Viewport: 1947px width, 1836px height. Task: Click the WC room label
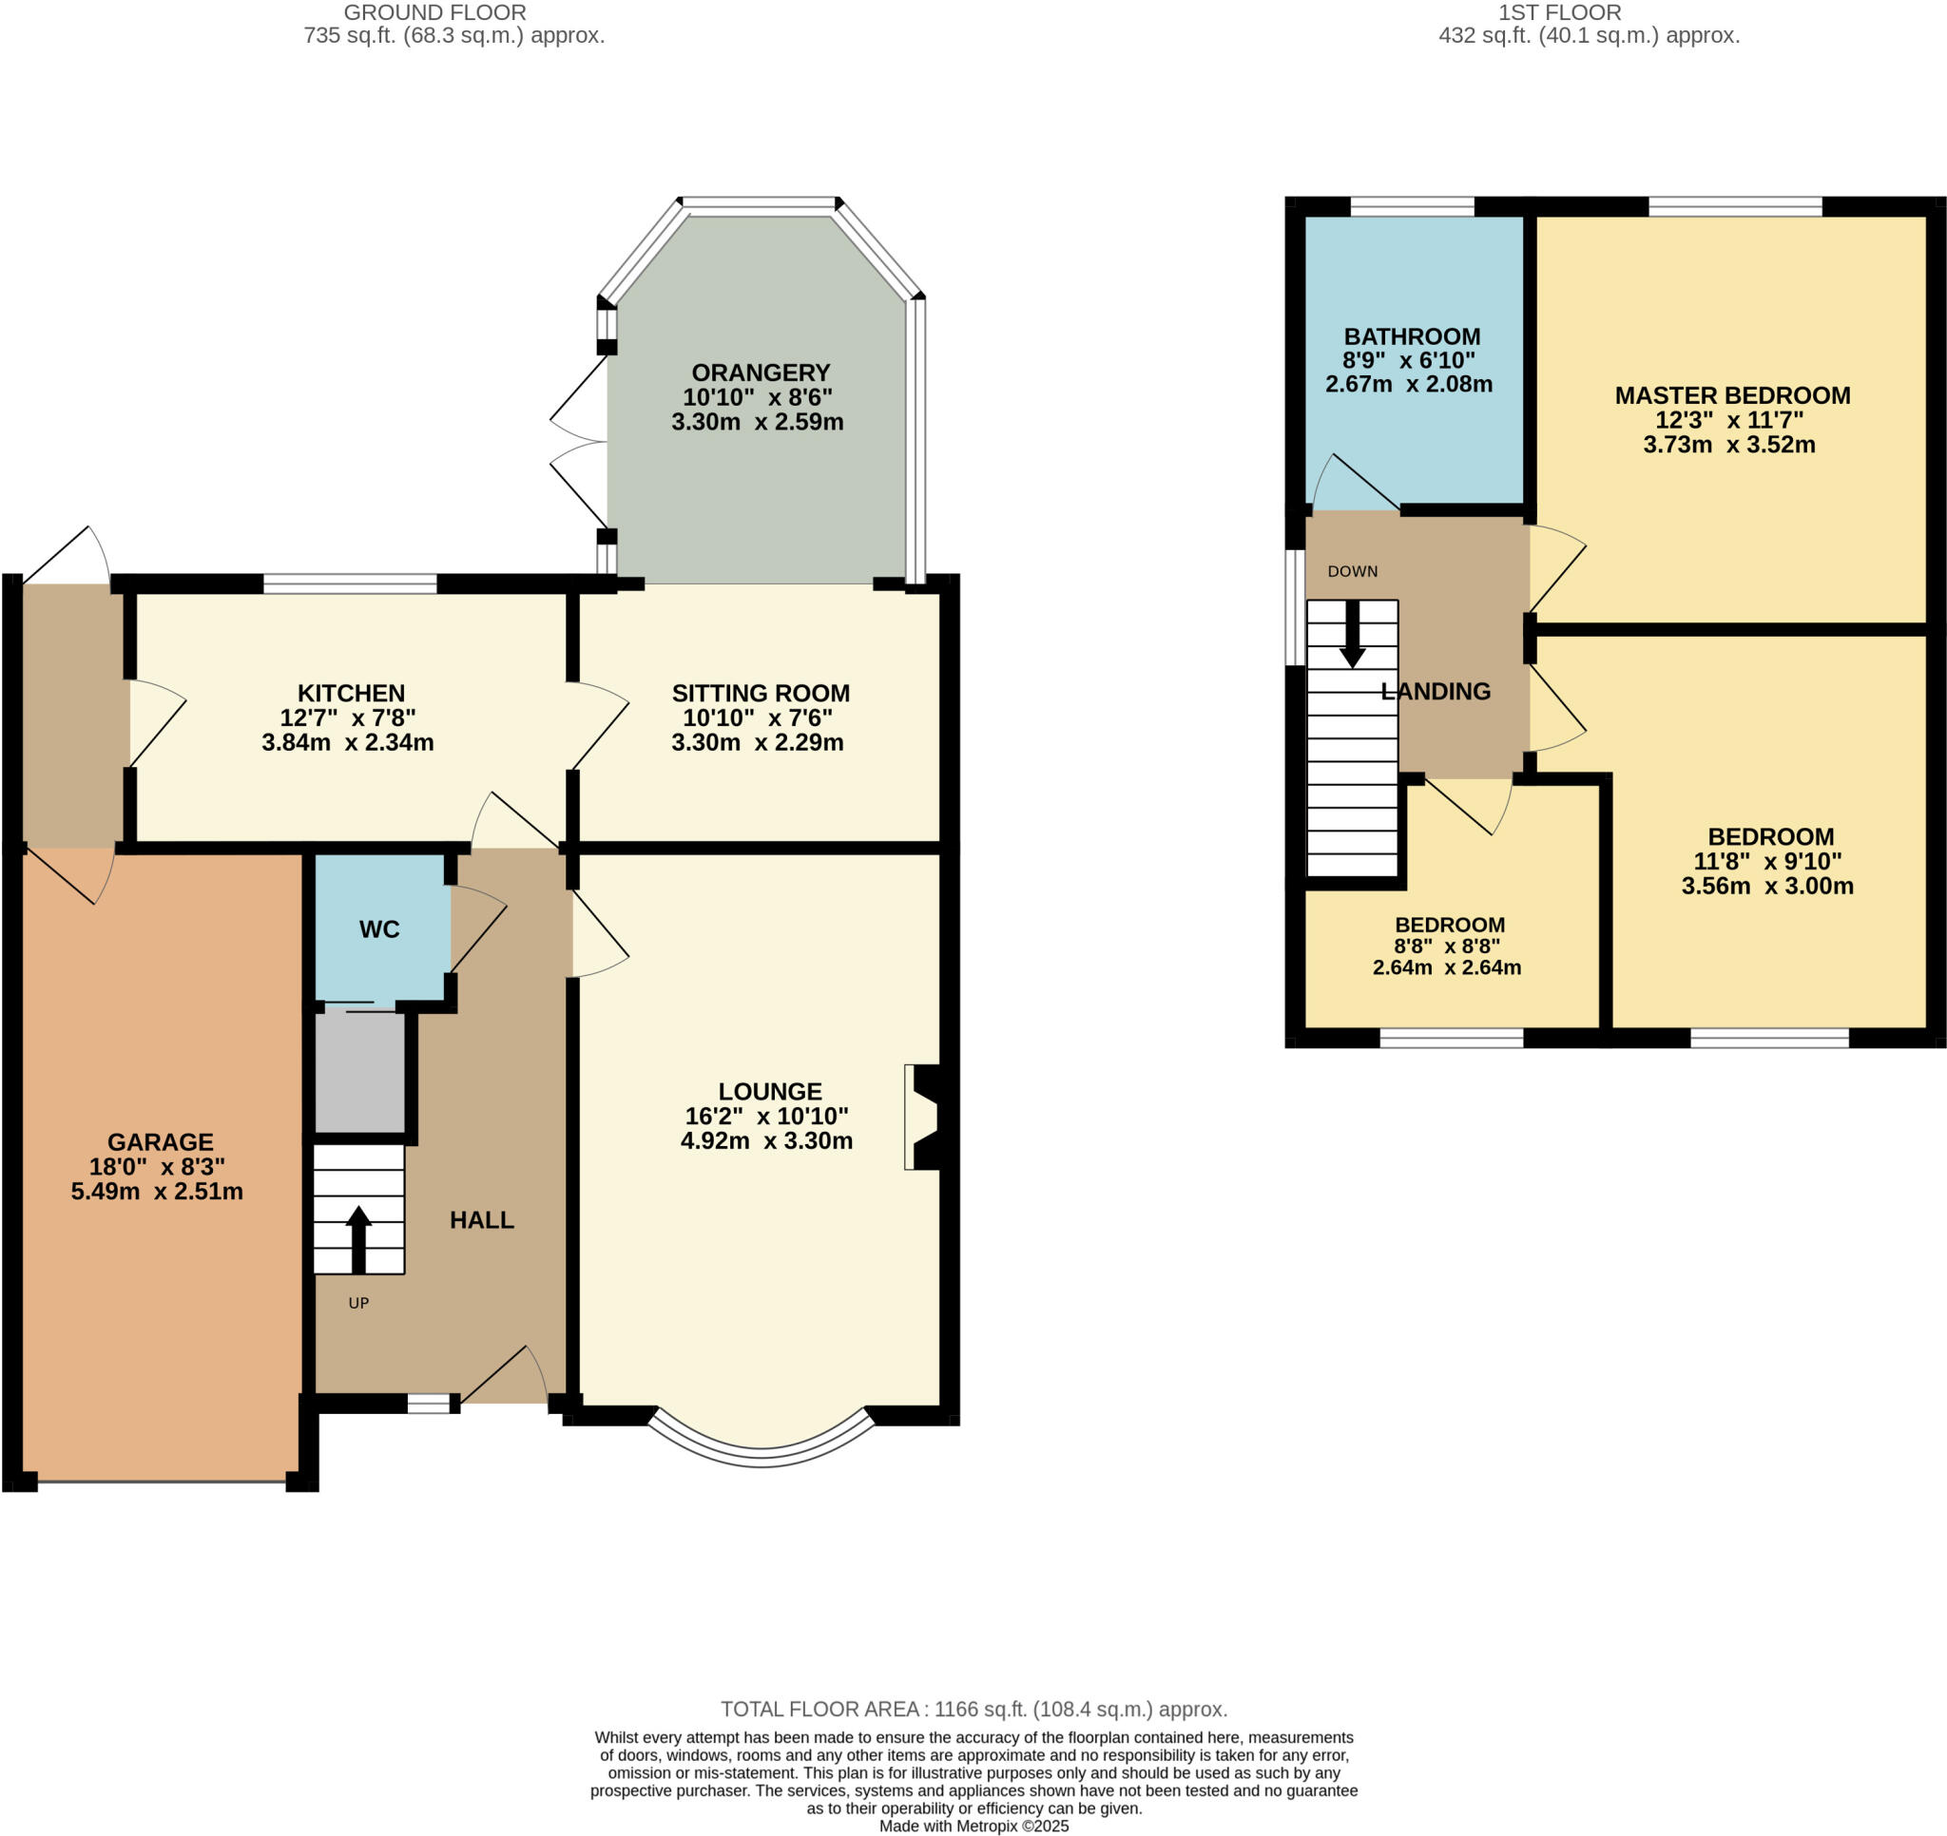(x=379, y=929)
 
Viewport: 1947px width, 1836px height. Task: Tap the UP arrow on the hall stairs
(x=358, y=1238)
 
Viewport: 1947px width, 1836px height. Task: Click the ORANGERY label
(x=760, y=373)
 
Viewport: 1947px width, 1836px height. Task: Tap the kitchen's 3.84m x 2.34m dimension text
(x=348, y=742)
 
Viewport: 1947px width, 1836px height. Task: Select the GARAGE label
(x=160, y=1141)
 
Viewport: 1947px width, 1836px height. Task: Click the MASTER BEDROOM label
(x=1731, y=395)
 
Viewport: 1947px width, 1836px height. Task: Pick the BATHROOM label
(x=1411, y=335)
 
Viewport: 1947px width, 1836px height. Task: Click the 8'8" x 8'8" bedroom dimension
(x=1447, y=946)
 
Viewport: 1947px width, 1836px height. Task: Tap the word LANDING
(x=1435, y=691)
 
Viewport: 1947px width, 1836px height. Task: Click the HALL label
(x=481, y=1220)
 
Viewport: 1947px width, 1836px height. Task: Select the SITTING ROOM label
(x=760, y=694)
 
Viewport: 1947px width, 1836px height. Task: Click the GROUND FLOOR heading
(x=434, y=12)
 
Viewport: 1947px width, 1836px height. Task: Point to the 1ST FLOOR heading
(x=1559, y=12)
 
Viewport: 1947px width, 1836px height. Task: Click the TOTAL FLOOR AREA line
(x=973, y=1709)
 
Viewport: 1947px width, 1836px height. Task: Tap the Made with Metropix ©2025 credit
(x=973, y=1826)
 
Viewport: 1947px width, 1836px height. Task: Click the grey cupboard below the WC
(x=359, y=1071)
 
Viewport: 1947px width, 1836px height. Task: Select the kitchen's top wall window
(x=350, y=583)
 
